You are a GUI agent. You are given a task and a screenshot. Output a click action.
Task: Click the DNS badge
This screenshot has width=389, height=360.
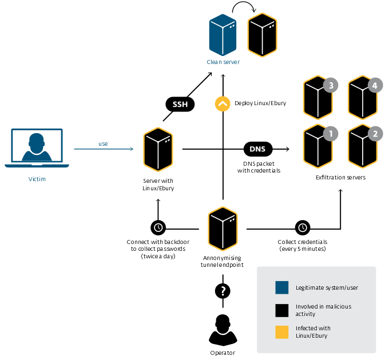(257, 149)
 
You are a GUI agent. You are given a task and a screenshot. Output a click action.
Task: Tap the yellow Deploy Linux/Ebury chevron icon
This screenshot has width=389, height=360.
(222, 104)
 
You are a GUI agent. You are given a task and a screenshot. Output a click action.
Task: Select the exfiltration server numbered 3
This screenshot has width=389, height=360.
(318, 99)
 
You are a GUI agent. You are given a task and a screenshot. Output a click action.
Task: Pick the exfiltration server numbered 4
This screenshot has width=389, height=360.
(362, 99)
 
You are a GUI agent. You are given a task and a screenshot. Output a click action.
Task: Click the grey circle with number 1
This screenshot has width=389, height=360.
(330, 134)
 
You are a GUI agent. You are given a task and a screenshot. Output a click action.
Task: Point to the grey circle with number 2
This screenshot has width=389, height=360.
(375, 134)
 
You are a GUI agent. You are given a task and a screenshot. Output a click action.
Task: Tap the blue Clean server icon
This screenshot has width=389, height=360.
(223, 35)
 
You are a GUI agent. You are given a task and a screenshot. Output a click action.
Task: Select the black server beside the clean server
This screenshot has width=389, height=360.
(262, 35)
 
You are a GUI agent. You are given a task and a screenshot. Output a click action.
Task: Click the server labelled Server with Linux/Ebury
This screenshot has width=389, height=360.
(158, 150)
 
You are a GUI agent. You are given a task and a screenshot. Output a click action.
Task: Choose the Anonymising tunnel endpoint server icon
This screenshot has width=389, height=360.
(223, 230)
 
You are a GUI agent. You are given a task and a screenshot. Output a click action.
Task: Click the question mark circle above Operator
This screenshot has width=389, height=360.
(223, 290)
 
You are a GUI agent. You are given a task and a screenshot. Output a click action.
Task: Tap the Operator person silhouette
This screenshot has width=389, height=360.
(223, 330)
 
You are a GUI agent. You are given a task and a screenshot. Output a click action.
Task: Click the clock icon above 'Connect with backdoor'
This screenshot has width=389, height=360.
(158, 227)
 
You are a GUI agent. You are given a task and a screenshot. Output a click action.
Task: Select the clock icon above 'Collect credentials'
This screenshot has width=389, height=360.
(303, 227)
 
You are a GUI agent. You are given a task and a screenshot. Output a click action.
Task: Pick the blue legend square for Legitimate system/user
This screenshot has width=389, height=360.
(281, 287)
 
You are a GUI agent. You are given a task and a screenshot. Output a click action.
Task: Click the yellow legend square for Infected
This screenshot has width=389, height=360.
(281, 332)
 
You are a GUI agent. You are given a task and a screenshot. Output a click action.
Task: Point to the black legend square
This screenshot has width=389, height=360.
(281, 310)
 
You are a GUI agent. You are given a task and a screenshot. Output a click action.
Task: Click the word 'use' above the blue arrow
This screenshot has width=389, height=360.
(103, 143)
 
